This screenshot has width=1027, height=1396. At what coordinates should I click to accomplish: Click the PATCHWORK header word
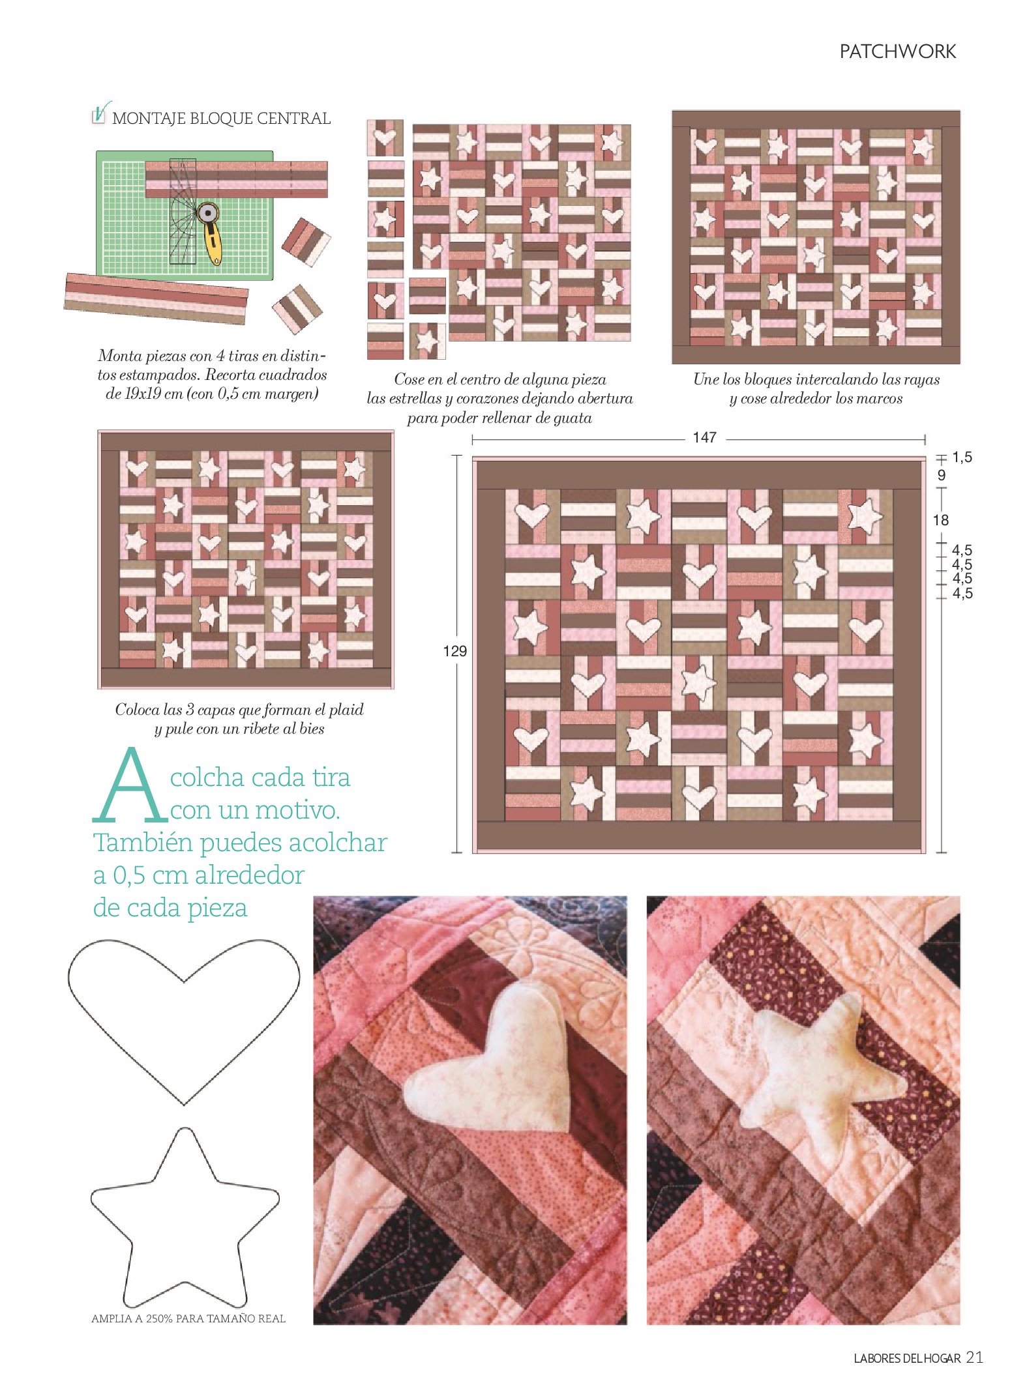[x=897, y=51]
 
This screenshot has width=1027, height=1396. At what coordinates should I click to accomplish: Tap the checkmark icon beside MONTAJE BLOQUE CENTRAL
[x=100, y=113]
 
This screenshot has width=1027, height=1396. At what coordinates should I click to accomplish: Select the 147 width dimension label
[x=705, y=437]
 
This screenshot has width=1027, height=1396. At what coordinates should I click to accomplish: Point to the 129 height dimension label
[x=454, y=651]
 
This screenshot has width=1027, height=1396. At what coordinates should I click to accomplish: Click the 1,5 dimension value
[x=962, y=458]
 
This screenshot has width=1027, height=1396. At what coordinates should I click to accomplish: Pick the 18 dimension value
[x=941, y=520]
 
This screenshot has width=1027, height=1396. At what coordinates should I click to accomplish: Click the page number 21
[x=974, y=1357]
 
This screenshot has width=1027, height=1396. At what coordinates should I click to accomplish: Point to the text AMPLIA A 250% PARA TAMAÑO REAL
[x=188, y=1318]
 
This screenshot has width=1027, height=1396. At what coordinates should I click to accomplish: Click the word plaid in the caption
[x=345, y=710]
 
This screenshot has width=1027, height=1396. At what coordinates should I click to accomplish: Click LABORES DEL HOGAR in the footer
[x=907, y=1358]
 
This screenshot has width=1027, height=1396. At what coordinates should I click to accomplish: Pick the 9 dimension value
[x=941, y=476]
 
